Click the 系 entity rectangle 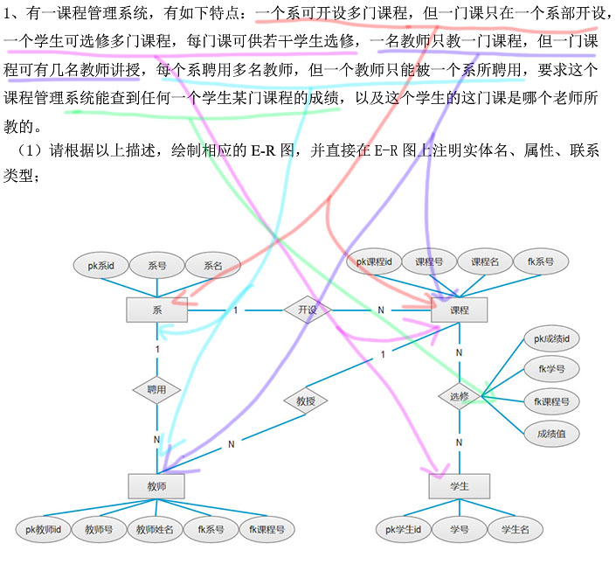pos(157,310)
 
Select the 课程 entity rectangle pos(459,310)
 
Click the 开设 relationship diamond pos(307,310)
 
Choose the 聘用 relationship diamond pos(157,390)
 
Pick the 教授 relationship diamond pos(306,401)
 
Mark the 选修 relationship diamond pos(460,395)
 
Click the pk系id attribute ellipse pos(102,265)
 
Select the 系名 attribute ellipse pos(213,265)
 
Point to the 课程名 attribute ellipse pos(485,261)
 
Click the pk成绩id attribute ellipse pos(551,338)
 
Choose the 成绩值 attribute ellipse pos(551,432)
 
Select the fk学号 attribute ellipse pos(551,370)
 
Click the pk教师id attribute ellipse pos(44,529)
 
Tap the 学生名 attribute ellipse pos(516,529)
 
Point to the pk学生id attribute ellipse pos(404,529)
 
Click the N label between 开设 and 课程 pos(381,310)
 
